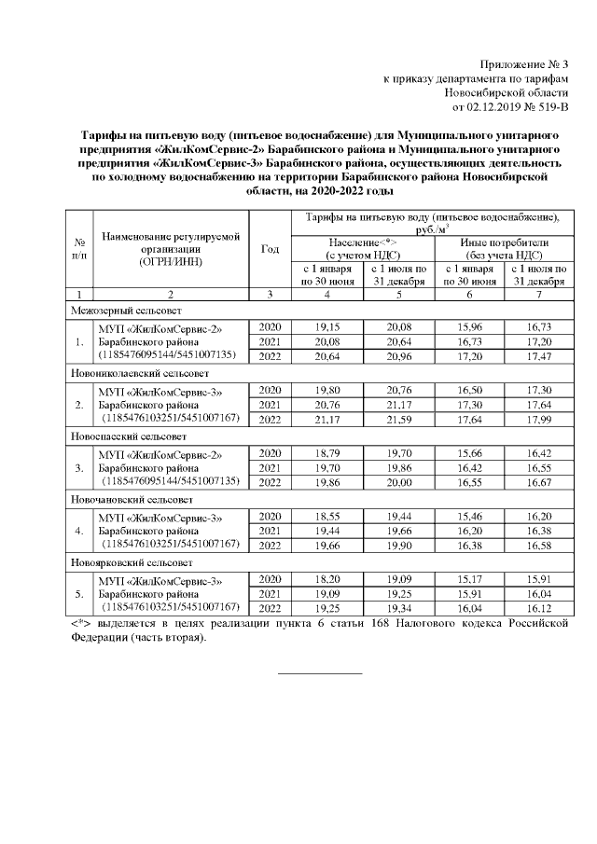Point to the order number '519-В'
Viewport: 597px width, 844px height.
(549, 108)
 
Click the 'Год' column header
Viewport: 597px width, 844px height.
(271, 249)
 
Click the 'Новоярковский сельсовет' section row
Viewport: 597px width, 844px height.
(132, 563)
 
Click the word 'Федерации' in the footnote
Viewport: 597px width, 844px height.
(99, 639)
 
